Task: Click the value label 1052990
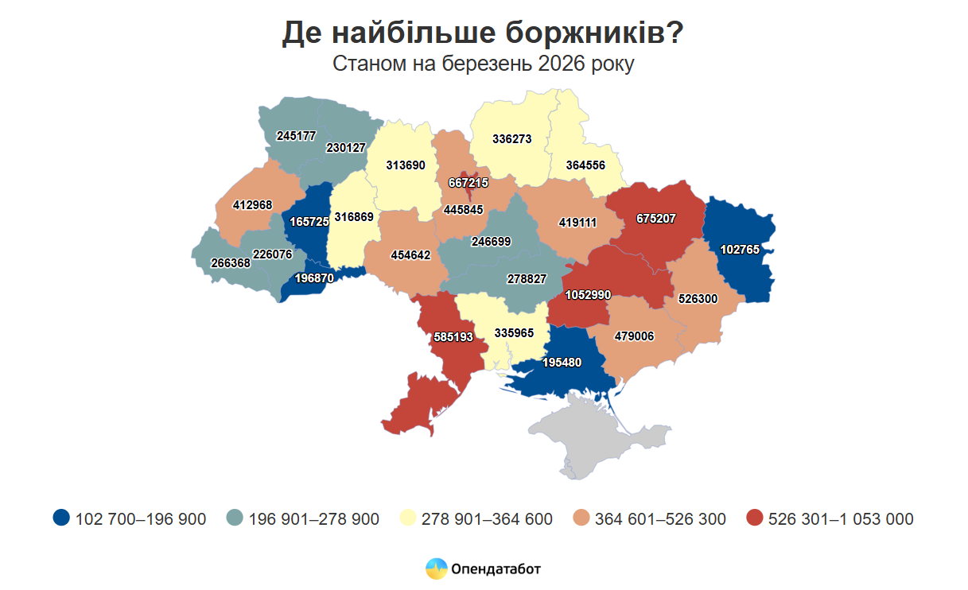coord(588,295)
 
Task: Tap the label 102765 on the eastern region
coord(740,249)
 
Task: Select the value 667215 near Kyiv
coord(468,182)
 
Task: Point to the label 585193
coord(453,337)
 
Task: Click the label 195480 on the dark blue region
coord(562,362)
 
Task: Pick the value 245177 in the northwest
coord(296,136)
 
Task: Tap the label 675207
coord(655,217)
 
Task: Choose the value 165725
coord(310,222)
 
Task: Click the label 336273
coord(511,138)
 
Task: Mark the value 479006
coord(634,336)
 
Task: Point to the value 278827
coord(527,279)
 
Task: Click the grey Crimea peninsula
coord(581,441)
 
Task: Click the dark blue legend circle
coord(61,518)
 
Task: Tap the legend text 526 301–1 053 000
coord(841,519)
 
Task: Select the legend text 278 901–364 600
coord(487,519)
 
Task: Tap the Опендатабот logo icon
coord(436,569)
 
